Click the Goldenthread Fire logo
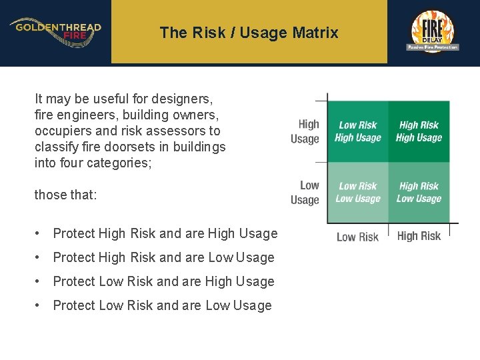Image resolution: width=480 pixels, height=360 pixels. pos(55,31)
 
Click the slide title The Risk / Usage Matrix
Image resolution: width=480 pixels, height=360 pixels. pos(249,32)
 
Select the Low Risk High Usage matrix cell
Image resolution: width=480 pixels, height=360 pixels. pos(358,131)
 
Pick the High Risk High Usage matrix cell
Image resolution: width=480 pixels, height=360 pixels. pos(419,131)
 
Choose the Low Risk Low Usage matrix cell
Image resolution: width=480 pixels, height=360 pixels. pos(358,193)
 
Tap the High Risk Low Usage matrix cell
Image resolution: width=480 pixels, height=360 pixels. pos(419,193)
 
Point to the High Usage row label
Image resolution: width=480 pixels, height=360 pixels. pos(305,131)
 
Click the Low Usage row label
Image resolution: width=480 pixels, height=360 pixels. pos(305,193)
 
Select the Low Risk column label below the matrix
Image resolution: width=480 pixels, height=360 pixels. pos(357,237)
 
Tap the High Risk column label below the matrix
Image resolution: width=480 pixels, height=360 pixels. pos(419,236)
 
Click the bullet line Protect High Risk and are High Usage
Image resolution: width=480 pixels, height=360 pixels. pos(165,233)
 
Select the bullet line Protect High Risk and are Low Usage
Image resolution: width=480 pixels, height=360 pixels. pos(163,257)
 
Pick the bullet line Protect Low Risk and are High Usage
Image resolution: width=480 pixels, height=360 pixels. pos(163,281)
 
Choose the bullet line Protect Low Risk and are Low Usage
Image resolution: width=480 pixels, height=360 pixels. pos(162,305)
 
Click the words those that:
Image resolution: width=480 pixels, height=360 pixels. pos(65,195)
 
